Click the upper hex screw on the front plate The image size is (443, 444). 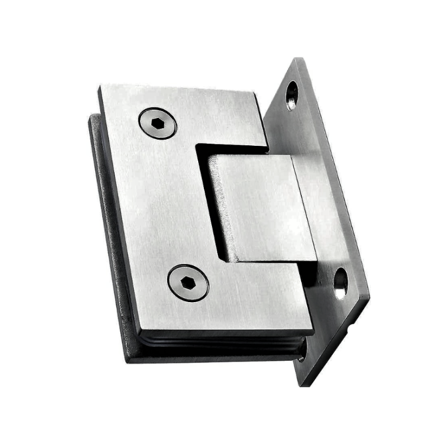158,123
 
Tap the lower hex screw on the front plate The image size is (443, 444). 188,283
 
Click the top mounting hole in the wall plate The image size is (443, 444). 292,95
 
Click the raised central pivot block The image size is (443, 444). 260,208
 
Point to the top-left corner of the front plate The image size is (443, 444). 101,87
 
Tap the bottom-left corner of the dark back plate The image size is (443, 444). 127,359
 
